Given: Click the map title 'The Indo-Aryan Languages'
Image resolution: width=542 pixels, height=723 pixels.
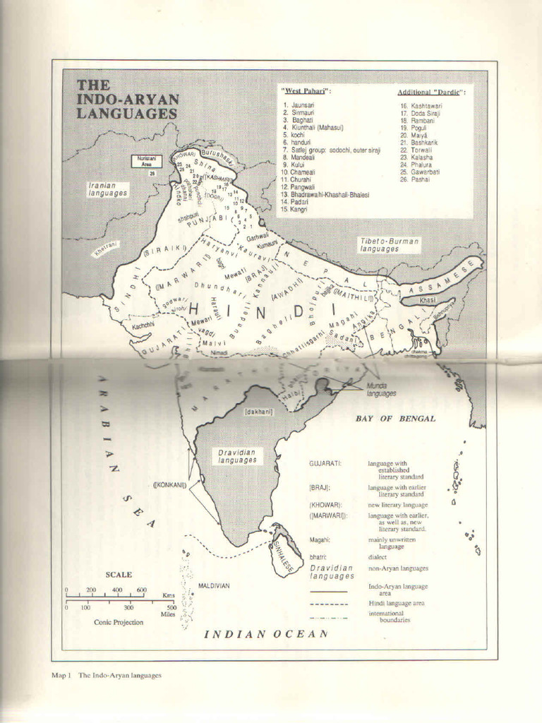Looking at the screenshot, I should [x=127, y=99].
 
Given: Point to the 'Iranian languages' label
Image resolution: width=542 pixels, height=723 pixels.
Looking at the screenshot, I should [x=107, y=189].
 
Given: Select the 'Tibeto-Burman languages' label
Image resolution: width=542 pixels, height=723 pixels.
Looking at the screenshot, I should [x=389, y=245].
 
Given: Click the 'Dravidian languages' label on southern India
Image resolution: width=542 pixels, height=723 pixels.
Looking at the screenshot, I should [x=237, y=456].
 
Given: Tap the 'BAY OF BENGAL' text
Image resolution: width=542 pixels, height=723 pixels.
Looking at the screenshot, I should [x=395, y=419].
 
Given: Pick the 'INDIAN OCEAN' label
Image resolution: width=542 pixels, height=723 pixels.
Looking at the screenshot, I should [x=265, y=633].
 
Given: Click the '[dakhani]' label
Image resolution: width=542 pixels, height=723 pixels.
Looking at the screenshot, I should [x=258, y=411].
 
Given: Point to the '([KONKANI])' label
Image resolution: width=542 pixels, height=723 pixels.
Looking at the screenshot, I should [x=170, y=485].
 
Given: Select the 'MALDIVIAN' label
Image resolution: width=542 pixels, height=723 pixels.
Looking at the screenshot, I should [x=214, y=585].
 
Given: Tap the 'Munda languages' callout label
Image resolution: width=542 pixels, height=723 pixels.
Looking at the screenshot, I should [x=381, y=390].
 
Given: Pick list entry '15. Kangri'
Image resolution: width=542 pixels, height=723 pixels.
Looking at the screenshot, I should [x=294, y=210].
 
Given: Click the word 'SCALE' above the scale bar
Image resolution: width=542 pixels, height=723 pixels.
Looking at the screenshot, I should [x=119, y=575].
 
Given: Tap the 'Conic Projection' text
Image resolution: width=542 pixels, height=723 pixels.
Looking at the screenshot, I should [x=119, y=622].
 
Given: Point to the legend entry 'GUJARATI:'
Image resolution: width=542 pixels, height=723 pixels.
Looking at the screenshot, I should [x=325, y=463].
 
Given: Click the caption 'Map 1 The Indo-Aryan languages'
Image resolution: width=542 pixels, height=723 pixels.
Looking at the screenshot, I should [x=107, y=675].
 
